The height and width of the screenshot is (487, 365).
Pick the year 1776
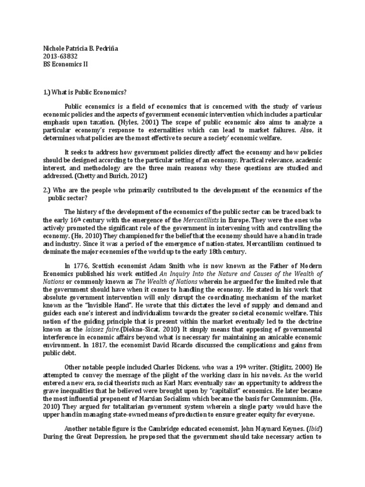85,265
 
